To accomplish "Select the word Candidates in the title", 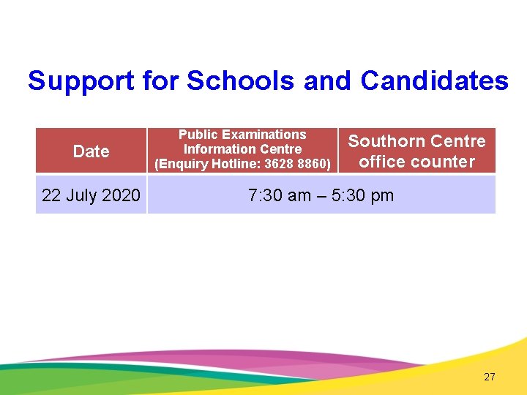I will tap(434, 81).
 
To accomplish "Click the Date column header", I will tap(91, 151).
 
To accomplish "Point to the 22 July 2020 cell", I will tap(91, 195).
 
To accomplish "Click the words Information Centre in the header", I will tap(242, 149).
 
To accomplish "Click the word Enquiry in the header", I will tap(180, 164).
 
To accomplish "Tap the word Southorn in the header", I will tap(385, 141).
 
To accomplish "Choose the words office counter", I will tap(416, 162).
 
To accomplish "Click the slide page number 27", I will tap(490, 377).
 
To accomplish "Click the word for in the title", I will tap(161, 81).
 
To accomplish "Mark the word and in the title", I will tap(327, 81).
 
